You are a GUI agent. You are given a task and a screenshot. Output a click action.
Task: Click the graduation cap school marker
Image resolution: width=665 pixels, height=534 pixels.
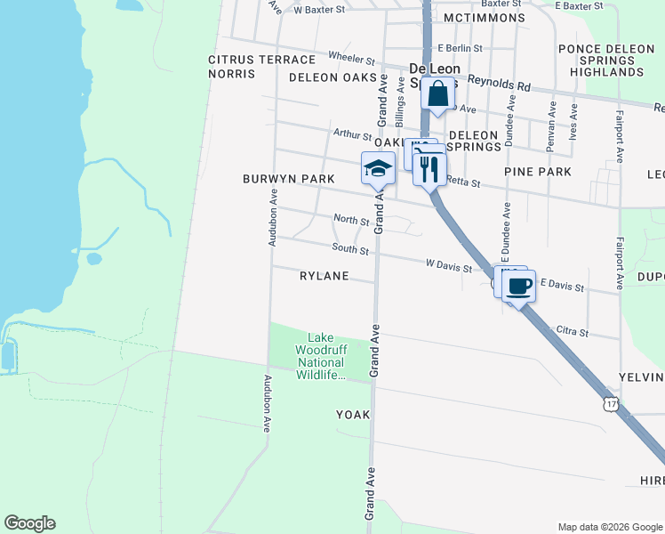coord(378,168)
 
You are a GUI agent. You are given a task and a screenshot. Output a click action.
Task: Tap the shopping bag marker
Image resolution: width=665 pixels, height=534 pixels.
coord(438,93)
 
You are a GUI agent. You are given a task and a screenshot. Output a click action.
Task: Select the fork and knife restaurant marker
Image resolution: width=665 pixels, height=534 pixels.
coord(430,168)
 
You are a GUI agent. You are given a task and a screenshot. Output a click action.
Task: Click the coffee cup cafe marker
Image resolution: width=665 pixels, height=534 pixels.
coord(519,286)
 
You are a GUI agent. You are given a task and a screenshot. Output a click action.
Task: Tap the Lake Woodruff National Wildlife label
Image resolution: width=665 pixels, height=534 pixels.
coord(320,356)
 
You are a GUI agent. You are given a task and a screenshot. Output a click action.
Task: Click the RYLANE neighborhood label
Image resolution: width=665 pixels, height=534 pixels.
coord(324,276)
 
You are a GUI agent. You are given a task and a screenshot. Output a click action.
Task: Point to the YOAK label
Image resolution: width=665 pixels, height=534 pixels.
coord(352,415)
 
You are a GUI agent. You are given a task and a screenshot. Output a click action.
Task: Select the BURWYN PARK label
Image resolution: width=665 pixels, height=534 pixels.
coord(289,179)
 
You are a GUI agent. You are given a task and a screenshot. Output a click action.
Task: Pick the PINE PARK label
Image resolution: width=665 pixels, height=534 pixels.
coord(537,171)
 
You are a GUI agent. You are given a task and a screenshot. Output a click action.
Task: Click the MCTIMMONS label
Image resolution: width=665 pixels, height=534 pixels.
coord(481,18)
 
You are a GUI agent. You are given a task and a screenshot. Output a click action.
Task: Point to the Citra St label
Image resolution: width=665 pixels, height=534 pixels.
coord(572,333)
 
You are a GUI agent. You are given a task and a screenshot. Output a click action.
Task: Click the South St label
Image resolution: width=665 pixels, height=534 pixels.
coord(350,248)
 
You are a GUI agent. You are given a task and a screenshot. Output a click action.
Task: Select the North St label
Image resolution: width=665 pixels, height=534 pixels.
coord(350,219)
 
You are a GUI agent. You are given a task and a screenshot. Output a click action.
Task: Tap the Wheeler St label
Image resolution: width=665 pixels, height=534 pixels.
coord(352,58)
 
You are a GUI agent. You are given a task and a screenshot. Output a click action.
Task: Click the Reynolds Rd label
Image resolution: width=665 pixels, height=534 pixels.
coord(500,83)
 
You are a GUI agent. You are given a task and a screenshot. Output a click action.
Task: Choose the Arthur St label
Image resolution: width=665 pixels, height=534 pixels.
coord(352,135)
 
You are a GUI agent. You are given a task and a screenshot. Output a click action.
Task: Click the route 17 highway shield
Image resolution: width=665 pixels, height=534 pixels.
coord(610,404)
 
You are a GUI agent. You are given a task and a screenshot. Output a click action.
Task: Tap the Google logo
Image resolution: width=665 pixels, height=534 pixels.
coord(29,523)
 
